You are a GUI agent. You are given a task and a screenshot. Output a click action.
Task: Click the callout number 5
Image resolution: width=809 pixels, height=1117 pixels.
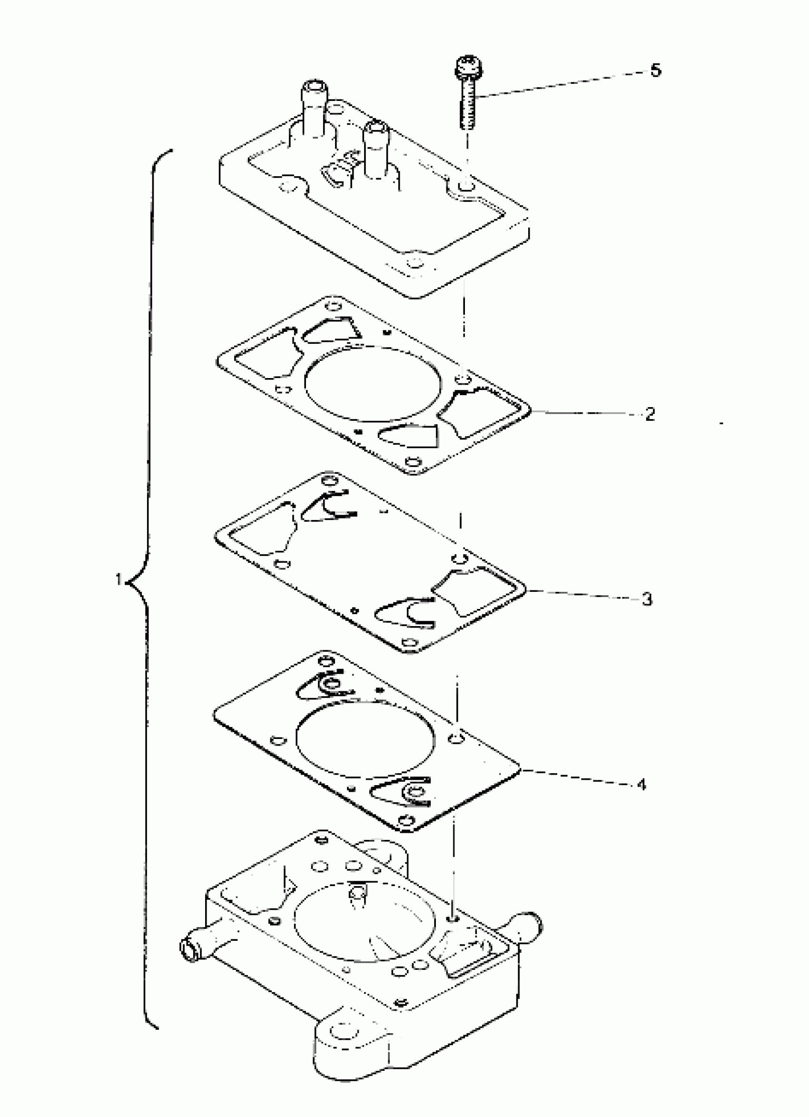coord(655,70)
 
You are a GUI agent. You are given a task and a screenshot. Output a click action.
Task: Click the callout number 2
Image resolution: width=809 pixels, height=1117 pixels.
coord(650,413)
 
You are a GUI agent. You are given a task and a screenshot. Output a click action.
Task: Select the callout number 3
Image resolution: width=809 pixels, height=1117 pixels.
coord(647,599)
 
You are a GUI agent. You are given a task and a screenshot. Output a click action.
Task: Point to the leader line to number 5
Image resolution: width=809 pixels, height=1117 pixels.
coord(562,83)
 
